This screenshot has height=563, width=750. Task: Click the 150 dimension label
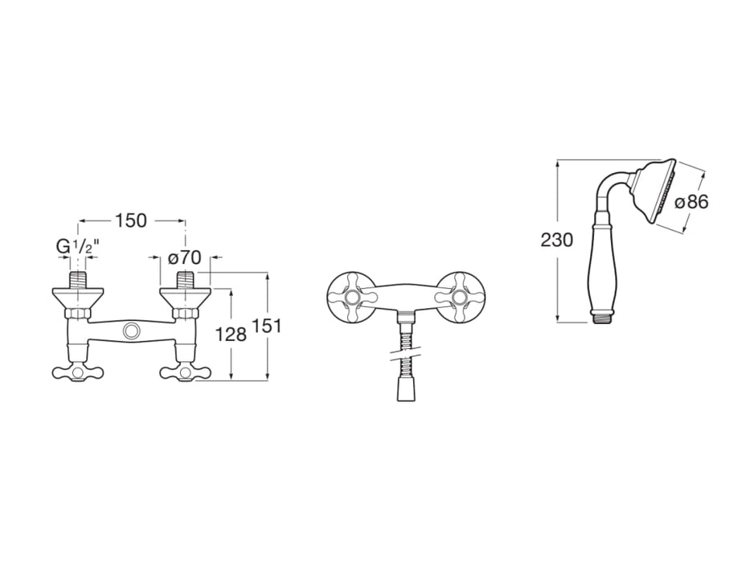(130, 220)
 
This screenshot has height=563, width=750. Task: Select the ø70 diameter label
(185, 258)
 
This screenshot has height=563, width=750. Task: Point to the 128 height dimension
(231, 335)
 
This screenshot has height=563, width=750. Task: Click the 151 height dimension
(266, 326)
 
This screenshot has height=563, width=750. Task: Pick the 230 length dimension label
(557, 240)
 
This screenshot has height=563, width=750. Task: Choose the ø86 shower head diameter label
(691, 203)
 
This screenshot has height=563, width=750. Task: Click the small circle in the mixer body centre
(130, 331)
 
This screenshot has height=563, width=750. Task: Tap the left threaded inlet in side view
(78, 279)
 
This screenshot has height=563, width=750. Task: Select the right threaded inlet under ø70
(185, 279)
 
